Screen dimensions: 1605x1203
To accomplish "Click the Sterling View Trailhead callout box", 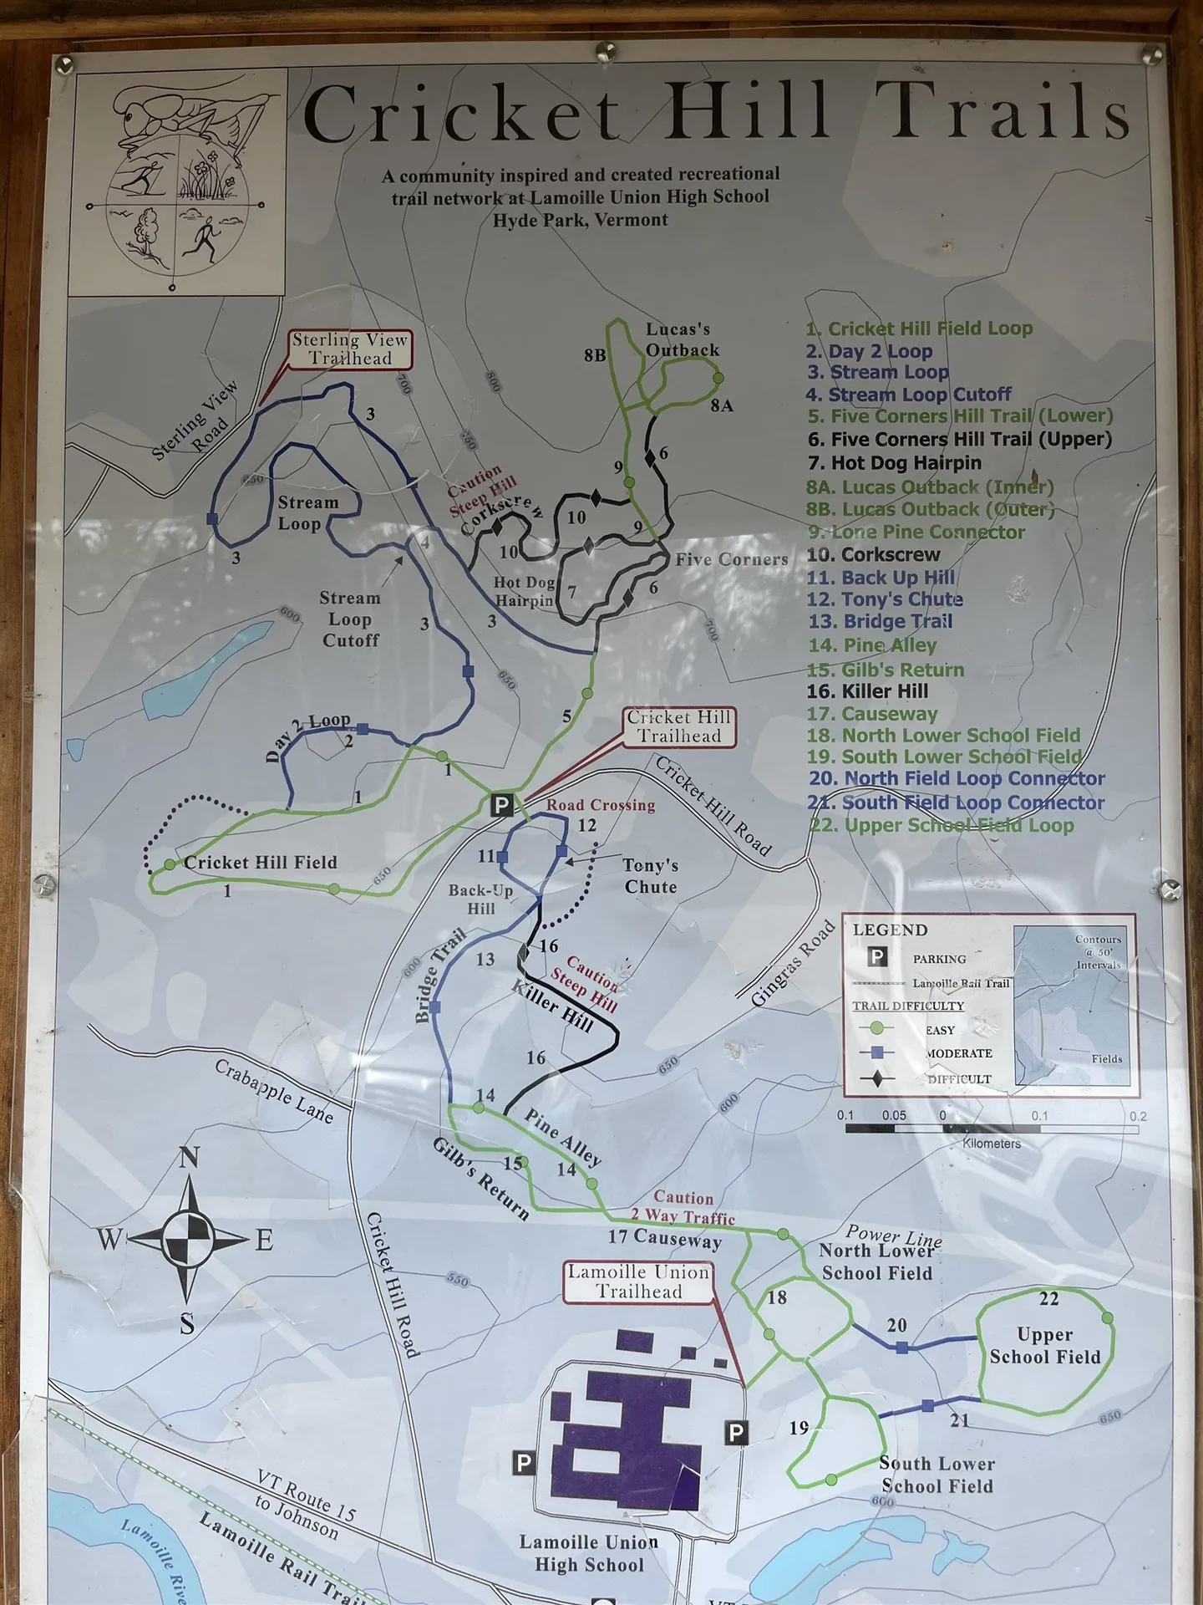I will (x=350, y=349).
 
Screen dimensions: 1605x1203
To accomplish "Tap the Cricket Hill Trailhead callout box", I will (x=679, y=727).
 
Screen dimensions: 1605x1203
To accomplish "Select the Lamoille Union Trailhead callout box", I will (x=639, y=1282).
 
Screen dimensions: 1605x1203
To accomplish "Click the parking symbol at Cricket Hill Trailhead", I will (x=500, y=805).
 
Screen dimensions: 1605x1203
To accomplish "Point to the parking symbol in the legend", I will (x=876, y=957).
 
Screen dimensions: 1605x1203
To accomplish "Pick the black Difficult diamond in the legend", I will (x=876, y=1078).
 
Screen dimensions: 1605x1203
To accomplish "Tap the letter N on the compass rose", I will (x=190, y=1158).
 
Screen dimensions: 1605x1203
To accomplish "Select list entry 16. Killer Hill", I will (x=867, y=691).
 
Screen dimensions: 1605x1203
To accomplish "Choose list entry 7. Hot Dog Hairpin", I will (x=894, y=463).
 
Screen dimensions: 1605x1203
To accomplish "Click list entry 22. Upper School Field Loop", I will (x=941, y=826).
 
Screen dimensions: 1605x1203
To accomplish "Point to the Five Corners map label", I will (x=732, y=560).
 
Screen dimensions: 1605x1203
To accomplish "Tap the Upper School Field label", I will (x=1045, y=1345).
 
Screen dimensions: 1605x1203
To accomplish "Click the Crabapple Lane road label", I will (x=274, y=1092).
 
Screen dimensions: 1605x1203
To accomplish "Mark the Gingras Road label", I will (x=793, y=963).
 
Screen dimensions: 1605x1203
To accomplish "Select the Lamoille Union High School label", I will (x=589, y=1553).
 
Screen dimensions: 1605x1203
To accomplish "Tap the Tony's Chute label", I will (x=651, y=875).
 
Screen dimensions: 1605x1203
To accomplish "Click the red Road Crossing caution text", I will (x=601, y=805).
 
